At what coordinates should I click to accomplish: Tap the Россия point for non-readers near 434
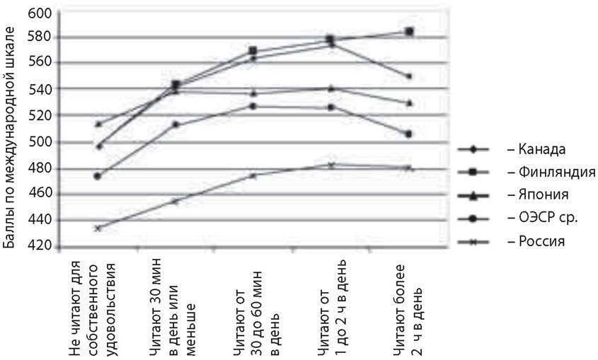coord(98,228)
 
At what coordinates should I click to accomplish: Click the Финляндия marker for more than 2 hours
coord(409,31)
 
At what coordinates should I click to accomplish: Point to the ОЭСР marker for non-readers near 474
coord(98,176)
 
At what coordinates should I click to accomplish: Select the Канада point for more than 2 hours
coord(409,76)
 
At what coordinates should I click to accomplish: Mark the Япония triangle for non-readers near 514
coord(98,124)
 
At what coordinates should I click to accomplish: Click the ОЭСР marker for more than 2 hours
coord(409,134)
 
